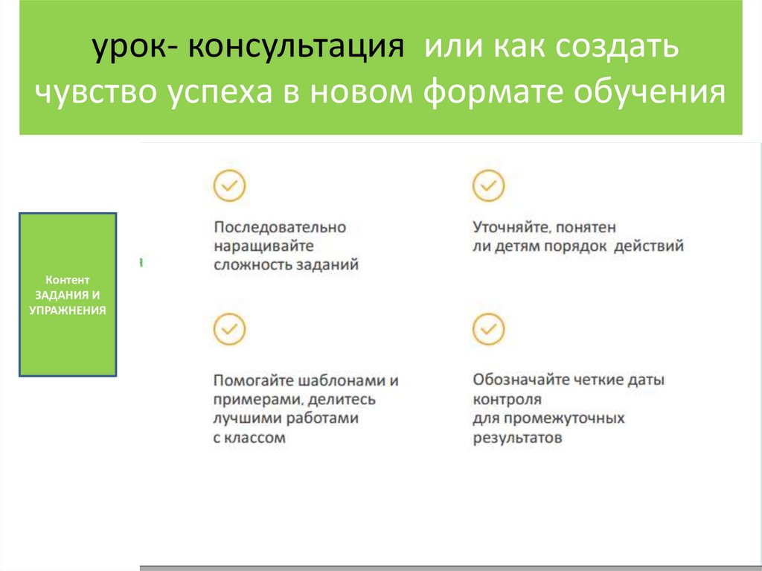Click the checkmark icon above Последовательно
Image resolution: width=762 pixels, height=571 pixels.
coord(229,186)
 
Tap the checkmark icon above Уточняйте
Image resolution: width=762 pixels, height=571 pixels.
coord(488,186)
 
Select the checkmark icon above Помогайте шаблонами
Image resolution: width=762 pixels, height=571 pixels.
coord(229,329)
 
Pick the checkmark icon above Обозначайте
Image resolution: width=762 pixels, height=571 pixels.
coord(488,329)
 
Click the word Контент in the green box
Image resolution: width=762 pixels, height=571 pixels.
coord(67,281)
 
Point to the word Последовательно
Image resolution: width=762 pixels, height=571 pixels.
coord(280,227)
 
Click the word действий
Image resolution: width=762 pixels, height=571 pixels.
coord(648,246)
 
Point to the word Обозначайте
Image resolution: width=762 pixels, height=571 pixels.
coord(521,380)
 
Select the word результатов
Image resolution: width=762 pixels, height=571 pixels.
coord(517,438)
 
